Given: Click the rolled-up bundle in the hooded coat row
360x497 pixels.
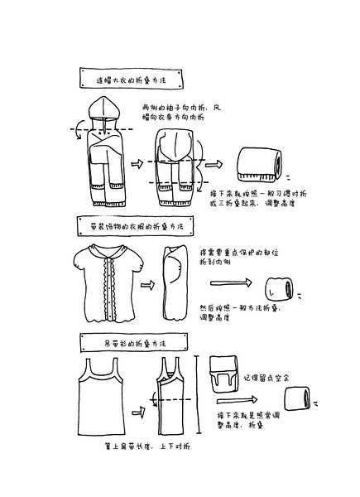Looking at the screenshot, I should [257, 163].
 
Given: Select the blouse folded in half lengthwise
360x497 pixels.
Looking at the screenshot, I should [175, 282].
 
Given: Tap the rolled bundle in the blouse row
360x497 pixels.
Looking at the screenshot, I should [278, 289].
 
